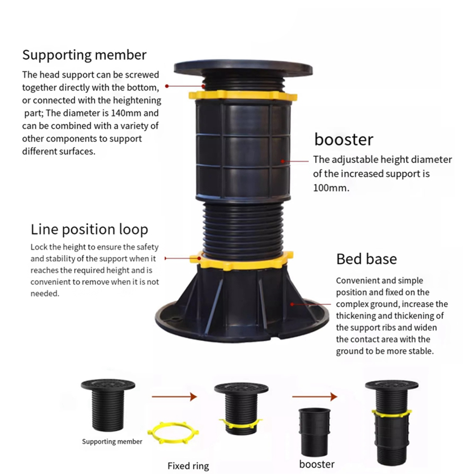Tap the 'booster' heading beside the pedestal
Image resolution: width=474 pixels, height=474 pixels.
click(x=344, y=139)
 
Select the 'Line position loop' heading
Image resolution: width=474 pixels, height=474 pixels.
click(x=90, y=229)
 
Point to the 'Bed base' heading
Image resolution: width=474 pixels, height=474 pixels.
click(x=366, y=259)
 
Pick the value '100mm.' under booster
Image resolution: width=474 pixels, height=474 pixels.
click(x=331, y=188)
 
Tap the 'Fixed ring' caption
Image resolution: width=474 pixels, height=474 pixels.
click(x=188, y=466)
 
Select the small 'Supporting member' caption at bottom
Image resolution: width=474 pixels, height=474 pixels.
click(x=112, y=441)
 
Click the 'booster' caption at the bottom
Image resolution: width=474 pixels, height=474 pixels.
click(x=317, y=464)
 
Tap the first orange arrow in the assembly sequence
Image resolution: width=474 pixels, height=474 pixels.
click(x=174, y=396)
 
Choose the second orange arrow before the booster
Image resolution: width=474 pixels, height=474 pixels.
click(x=315, y=396)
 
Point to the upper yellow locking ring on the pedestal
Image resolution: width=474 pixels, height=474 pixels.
click(x=243, y=96)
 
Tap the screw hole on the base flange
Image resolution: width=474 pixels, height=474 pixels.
click(x=174, y=318)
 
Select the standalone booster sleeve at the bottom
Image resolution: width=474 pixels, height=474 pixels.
click(x=315, y=432)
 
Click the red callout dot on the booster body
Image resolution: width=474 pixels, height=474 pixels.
click(x=282, y=161)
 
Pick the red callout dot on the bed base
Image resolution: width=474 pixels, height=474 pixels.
click(x=292, y=304)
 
